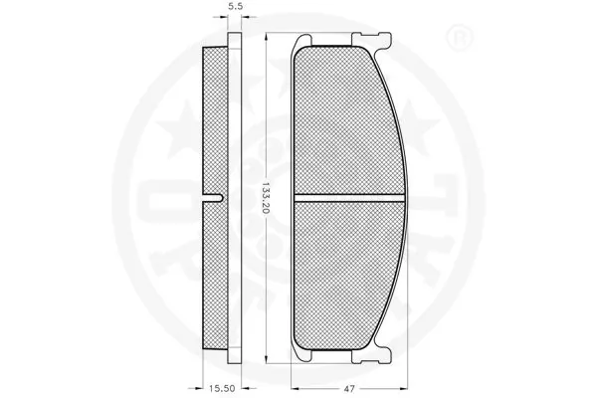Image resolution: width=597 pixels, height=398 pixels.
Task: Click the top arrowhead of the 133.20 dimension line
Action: point(267,38)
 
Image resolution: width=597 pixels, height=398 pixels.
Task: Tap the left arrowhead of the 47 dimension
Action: point(293,381)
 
